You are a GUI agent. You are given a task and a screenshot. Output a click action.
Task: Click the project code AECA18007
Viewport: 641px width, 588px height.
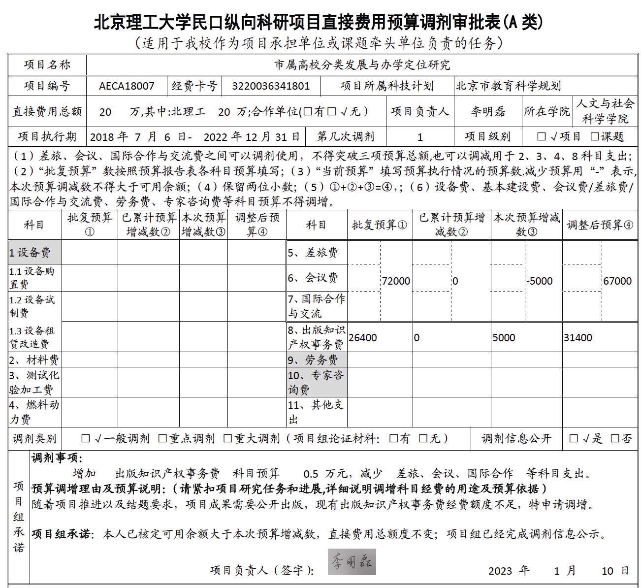pos(127,86)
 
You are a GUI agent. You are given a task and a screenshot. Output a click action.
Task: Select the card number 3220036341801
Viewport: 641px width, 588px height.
pos(271,86)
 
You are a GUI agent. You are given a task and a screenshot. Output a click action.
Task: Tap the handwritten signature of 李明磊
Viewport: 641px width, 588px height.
pos(352,562)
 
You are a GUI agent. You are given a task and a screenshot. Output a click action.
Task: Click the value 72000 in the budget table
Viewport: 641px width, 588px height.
pos(396,281)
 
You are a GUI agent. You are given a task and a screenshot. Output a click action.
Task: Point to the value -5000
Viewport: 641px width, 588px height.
pos(539,281)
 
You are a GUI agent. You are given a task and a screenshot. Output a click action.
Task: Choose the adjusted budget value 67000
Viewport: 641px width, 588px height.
pos(617,281)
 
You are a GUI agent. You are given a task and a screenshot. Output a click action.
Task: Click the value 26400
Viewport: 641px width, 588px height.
pos(363,338)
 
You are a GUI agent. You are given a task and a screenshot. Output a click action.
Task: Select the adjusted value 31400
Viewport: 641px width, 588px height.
pos(578,338)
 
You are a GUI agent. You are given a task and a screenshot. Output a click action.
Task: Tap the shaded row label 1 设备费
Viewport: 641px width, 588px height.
pos(30,253)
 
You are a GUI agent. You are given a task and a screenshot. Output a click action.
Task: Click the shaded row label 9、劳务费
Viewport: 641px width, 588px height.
pos(313,360)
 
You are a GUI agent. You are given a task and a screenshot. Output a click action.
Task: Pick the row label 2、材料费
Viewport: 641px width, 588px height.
pos(34,360)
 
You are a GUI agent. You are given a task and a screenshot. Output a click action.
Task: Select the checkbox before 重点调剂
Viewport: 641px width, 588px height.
pos(162,438)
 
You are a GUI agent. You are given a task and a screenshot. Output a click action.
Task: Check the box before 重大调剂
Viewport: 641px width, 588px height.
pos(227,438)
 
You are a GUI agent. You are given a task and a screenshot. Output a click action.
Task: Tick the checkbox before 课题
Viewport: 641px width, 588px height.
pos(595,136)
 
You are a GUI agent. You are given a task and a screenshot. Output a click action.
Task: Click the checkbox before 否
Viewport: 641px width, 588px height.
pos(615,438)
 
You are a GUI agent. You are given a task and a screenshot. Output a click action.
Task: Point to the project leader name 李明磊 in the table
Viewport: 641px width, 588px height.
pos(487,112)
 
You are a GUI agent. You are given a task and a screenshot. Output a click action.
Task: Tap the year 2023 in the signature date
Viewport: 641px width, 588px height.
pos(500,571)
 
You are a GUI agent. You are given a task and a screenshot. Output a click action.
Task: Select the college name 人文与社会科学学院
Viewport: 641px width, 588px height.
pos(605,111)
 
